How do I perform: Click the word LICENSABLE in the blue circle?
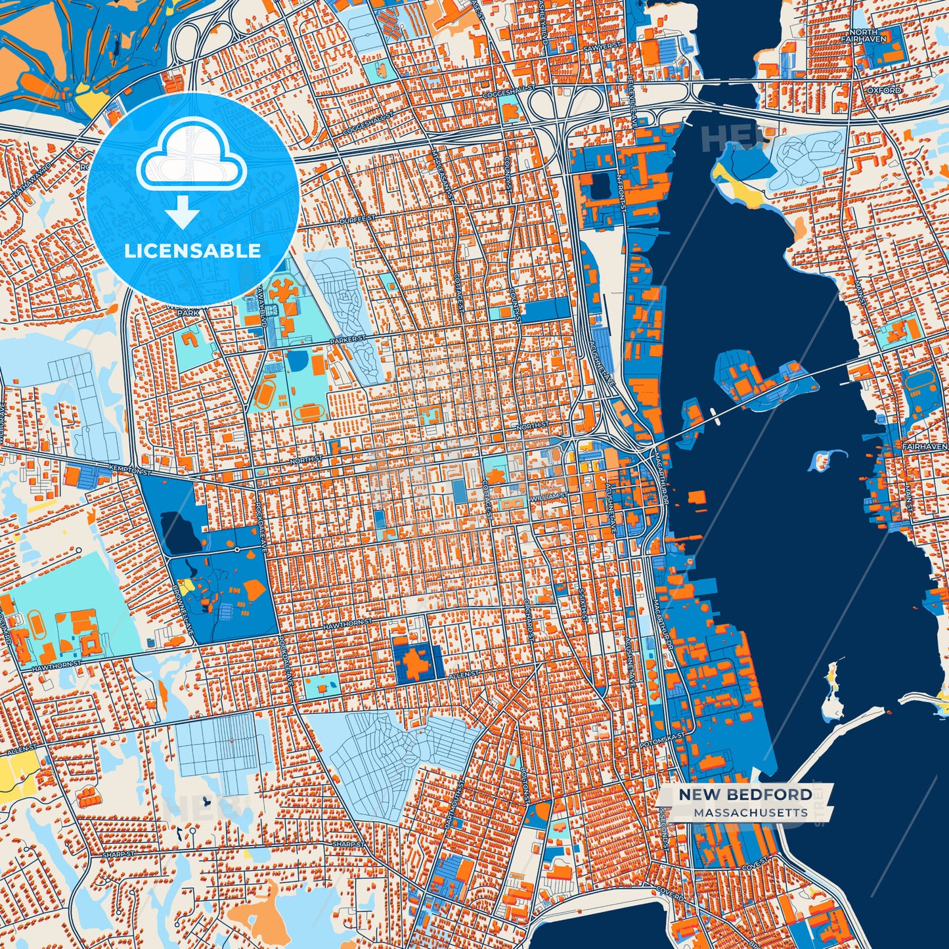click(x=192, y=251)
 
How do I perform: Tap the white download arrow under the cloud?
click(x=183, y=211)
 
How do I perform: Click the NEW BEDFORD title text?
click(x=745, y=795)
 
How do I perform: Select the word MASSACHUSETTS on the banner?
click(x=750, y=813)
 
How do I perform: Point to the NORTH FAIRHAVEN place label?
click(x=867, y=35)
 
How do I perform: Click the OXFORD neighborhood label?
click(x=883, y=90)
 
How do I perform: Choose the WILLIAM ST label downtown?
click(x=549, y=496)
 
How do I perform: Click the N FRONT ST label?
click(x=620, y=192)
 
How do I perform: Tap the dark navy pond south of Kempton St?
click(x=181, y=532)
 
